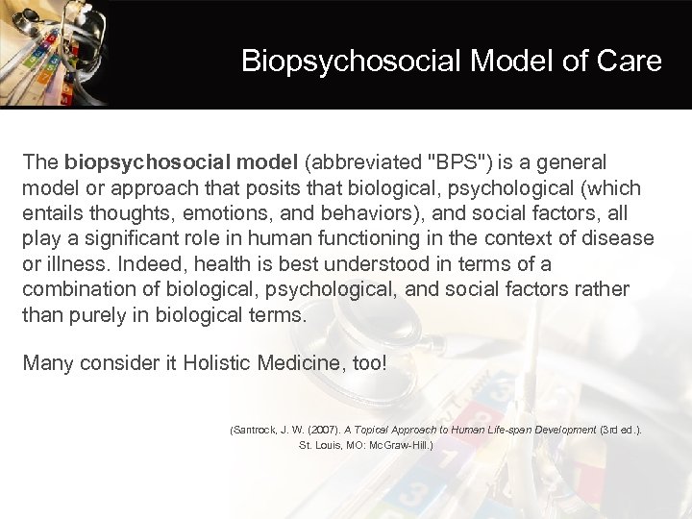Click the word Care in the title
point(630,62)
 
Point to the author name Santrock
point(254,430)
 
